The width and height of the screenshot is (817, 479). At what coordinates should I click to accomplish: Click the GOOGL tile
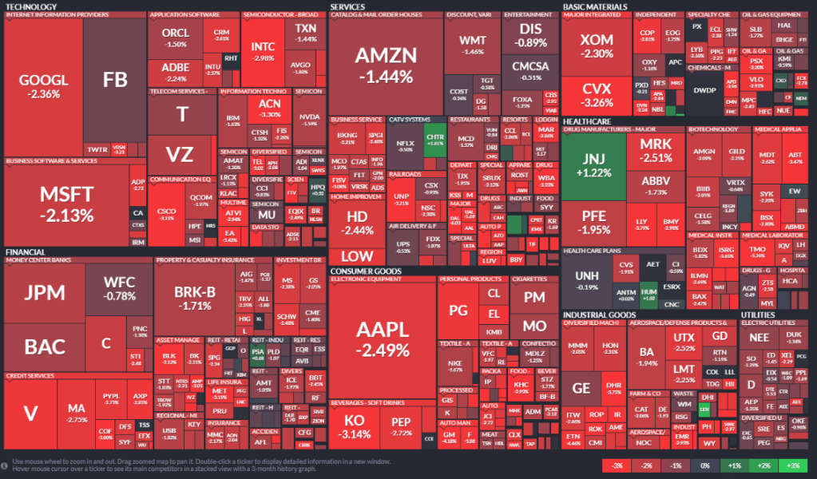click(x=43, y=86)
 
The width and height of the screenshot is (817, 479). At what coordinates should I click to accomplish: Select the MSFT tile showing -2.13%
click(x=66, y=204)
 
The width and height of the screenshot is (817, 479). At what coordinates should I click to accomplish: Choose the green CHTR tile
click(x=434, y=137)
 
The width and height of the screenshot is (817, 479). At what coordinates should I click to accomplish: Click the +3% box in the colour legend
click(x=791, y=465)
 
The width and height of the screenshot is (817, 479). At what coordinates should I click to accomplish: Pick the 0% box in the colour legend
click(x=704, y=465)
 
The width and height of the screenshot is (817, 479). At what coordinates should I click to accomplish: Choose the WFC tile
click(x=119, y=289)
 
